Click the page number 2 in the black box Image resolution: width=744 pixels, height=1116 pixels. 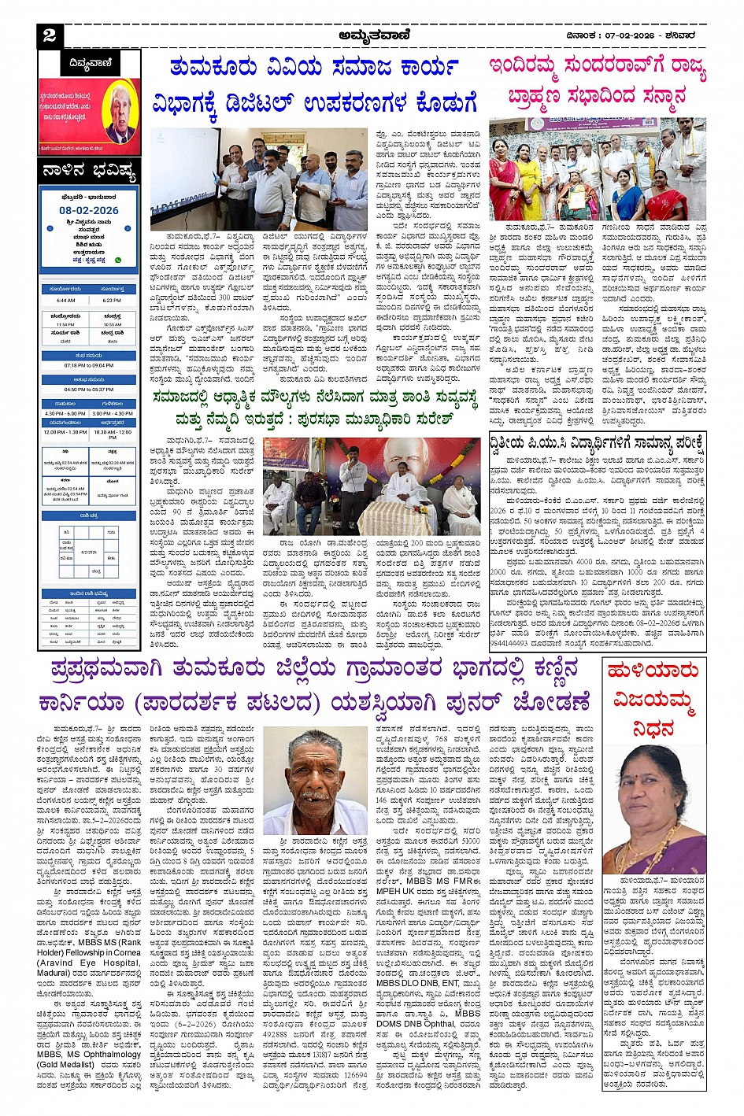click(50, 35)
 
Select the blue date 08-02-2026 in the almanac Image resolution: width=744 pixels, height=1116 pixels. click(89, 210)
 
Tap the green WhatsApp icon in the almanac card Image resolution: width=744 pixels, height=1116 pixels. click(118, 260)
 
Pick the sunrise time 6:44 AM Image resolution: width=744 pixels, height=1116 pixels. click(66, 301)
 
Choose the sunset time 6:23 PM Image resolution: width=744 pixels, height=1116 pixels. click(112, 301)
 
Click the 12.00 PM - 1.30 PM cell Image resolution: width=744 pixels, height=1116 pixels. click(66, 432)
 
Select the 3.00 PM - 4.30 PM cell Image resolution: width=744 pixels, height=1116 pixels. click(113, 413)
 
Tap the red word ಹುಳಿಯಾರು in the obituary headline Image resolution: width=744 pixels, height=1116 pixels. click(653, 671)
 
